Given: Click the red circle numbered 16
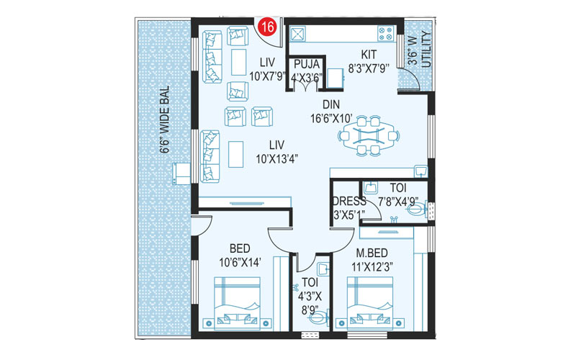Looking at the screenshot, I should (267, 28).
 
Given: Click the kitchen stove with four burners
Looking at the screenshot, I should (384, 33).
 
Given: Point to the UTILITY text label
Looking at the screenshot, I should (426, 50).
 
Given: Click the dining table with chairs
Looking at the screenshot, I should (367, 135).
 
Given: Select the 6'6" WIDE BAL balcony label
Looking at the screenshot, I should (164, 120).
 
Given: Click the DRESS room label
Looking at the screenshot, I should (349, 201).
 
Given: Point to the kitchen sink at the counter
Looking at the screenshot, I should (297, 33).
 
